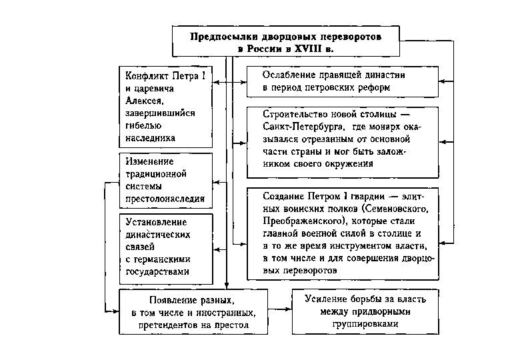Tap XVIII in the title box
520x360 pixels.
click(311, 49)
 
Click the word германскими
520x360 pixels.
click(157, 259)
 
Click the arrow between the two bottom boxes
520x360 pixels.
click(278, 310)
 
